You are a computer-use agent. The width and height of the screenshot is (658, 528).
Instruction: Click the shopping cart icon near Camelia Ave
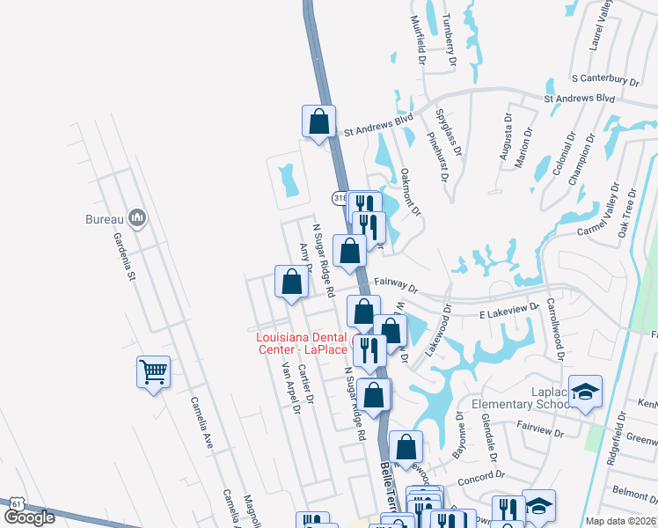153,372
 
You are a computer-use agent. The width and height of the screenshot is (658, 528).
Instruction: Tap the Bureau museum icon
136,216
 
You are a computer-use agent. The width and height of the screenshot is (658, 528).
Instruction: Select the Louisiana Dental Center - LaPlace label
302,343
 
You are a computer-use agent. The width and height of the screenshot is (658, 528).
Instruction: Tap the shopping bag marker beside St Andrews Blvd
319,121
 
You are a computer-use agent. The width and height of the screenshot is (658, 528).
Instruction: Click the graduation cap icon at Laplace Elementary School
585,392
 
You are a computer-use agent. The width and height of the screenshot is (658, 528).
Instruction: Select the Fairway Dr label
395,285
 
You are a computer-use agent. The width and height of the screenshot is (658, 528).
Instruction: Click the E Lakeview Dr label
508,309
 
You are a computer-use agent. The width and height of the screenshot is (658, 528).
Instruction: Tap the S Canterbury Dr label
604,80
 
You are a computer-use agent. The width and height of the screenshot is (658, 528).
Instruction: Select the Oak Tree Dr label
628,212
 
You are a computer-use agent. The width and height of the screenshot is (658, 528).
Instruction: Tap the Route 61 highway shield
17,502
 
